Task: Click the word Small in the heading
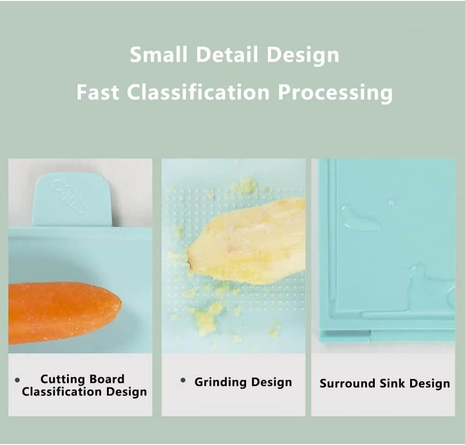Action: [159, 55]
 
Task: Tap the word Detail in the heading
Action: [227, 55]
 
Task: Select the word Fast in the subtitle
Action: [98, 92]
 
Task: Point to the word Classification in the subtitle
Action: [198, 92]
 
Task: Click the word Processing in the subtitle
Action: [335, 93]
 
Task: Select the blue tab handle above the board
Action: [72, 200]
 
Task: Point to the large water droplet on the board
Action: [359, 218]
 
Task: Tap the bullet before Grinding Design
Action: [183, 380]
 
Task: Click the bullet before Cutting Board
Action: [17, 380]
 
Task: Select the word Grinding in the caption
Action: [220, 382]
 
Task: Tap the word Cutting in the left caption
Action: [63, 380]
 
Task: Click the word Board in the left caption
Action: [107, 379]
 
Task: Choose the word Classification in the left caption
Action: [61, 392]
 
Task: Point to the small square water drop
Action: [392, 203]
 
